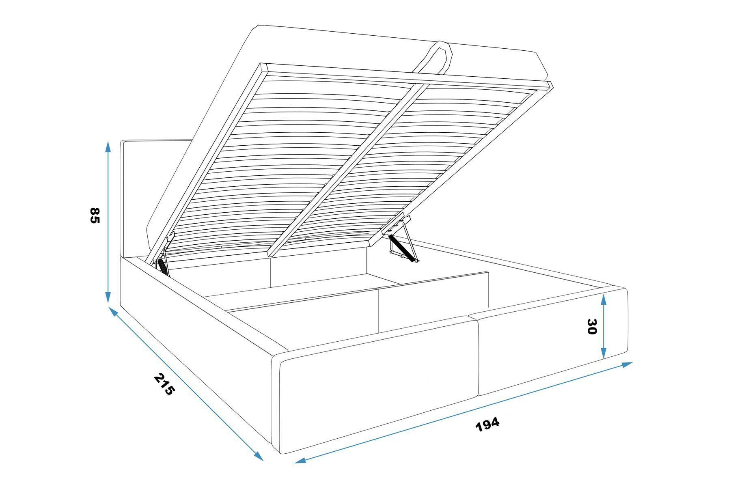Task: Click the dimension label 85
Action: click(95, 215)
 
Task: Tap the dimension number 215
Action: click(164, 384)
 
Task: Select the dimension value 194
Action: click(487, 424)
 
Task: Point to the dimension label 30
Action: click(592, 326)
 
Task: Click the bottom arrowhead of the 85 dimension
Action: click(108, 297)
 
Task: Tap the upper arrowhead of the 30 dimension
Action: click(604, 300)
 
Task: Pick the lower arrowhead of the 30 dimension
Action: click(604, 353)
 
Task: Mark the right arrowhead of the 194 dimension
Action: click(627, 364)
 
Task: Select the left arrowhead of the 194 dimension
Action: click(300, 460)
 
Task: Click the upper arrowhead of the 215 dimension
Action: click(113, 311)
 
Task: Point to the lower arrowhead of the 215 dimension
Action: click(259, 456)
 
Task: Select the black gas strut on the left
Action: click(163, 267)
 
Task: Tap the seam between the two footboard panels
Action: click(478, 357)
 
